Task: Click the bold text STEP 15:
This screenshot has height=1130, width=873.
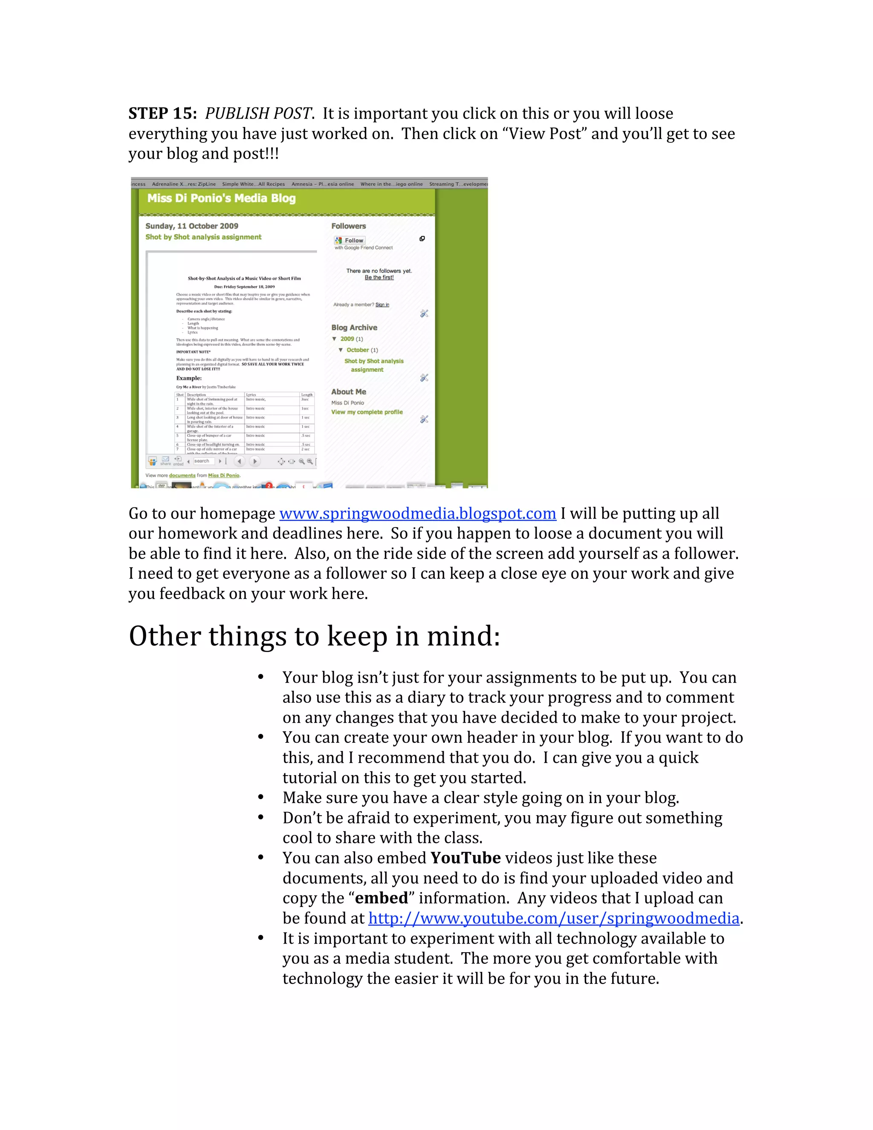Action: (162, 113)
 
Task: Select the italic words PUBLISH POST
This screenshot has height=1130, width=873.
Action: (257, 113)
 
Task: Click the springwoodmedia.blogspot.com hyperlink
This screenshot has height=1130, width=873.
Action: (417, 513)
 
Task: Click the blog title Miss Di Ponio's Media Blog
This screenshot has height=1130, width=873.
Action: (221, 198)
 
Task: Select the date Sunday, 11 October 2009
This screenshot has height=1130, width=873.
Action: (191, 226)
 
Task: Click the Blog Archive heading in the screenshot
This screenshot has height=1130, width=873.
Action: (354, 327)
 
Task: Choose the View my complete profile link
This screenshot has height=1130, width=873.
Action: (367, 412)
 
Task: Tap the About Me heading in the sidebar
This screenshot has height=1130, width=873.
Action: (349, 392)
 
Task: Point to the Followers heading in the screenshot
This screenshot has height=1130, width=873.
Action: (348, 226)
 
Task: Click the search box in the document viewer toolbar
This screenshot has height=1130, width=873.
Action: (203, 461)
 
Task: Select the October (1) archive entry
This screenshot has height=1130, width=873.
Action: (361, 350)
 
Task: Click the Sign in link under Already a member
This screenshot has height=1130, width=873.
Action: (382, 305)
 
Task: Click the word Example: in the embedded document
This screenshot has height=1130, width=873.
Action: (189, 378)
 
